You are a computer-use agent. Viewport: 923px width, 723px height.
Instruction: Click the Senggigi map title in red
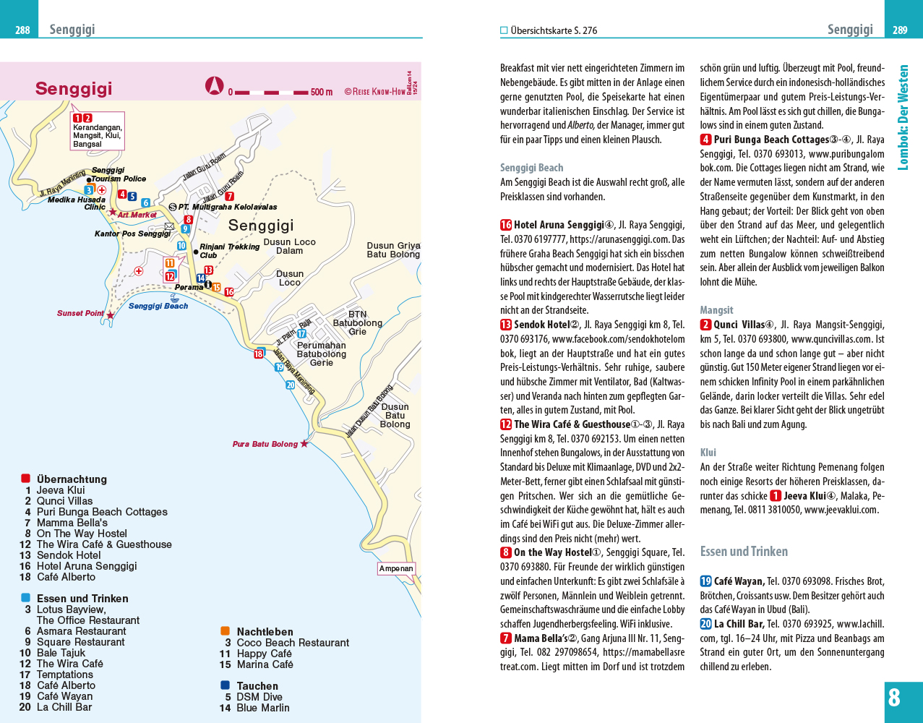[x=74, y=89]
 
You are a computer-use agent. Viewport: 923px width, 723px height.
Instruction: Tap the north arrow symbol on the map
[x=214, y=86]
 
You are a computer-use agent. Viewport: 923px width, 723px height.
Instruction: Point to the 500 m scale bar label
[x=322, y=93]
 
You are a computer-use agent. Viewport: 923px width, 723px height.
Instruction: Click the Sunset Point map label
[x=80, y=314]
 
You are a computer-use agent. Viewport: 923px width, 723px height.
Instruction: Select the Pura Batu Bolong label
[x=265, y=444]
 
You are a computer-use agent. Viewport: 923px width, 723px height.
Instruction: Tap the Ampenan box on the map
[x=396, y=568]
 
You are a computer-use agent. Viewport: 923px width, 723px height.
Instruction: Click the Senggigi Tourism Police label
[x=118, y=174]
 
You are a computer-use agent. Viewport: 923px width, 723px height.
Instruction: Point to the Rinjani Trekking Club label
[x=229, y=250]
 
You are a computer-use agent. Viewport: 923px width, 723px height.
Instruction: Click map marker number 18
[x=259, y=354]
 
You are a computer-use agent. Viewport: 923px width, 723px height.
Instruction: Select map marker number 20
[x=291, y=385]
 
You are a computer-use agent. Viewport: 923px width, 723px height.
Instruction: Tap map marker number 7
[x=229, y=196]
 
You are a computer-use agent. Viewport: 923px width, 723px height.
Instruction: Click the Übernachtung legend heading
[x=72, y=479]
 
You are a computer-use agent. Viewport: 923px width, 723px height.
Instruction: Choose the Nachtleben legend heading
[x=265, y=632]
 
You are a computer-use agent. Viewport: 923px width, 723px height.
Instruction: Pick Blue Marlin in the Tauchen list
[x=262, y=708]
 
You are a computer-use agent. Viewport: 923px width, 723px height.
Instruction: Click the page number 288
[x=23, y=30]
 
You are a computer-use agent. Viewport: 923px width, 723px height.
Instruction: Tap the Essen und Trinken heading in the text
[x=744, y=552]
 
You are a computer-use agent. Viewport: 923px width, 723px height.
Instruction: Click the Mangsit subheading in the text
[x=716, y=310]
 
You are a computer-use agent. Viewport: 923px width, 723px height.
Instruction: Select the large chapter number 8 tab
[x=895, y=698]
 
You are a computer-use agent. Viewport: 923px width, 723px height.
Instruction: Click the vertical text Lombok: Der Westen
[x=903, y=118]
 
